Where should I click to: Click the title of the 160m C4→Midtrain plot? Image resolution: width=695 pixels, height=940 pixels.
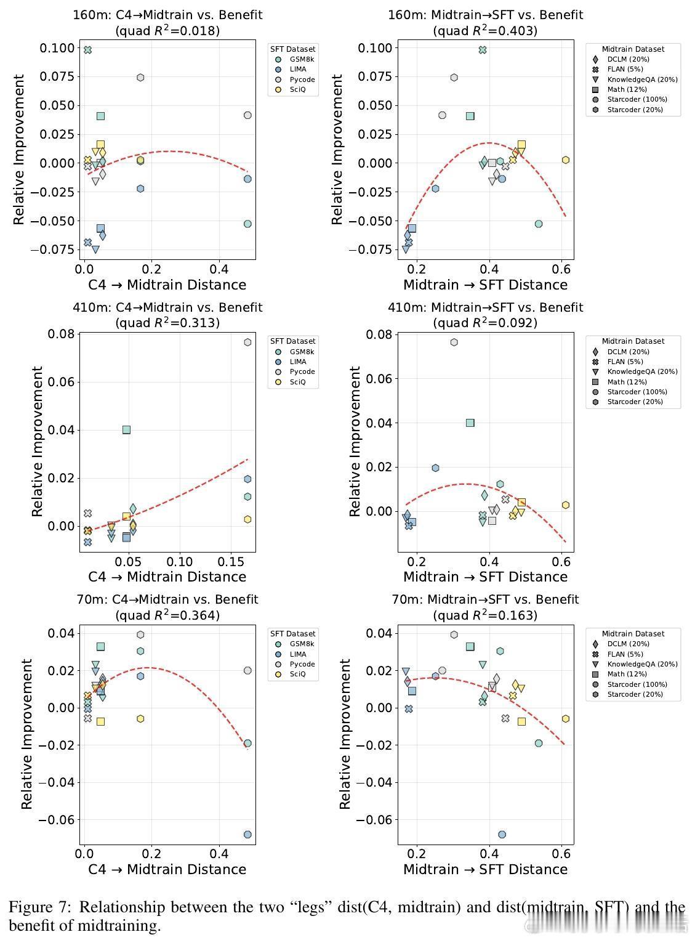(167, 15)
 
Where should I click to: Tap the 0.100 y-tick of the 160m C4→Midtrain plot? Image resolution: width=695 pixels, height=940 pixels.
(57, 48)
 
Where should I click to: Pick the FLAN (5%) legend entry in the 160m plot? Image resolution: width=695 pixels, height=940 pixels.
(625, 70)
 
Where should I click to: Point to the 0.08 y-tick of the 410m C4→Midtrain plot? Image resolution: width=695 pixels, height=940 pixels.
(62, 334)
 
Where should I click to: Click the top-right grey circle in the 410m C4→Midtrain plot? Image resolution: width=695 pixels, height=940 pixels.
(247, 342)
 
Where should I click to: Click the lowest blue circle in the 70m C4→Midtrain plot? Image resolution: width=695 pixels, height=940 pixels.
(247, 835)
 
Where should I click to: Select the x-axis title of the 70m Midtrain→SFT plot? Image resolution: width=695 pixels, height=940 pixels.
(485, 869)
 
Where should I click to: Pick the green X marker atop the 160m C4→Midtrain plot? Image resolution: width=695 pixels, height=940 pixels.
(88, 50)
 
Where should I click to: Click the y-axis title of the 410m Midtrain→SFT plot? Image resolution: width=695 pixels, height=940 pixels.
(355, 441)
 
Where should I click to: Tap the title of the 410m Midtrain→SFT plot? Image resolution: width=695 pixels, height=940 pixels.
(485, 307)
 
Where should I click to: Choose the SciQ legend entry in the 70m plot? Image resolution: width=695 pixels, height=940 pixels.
(297, 675)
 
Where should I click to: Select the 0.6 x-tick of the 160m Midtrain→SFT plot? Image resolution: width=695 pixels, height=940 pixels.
(561, 269)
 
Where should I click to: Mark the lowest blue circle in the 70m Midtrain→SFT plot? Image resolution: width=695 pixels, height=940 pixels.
(502, 835)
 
